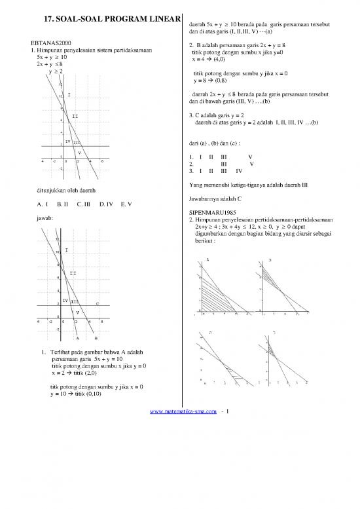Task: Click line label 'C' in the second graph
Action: point(98,304)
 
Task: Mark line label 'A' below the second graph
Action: point(77,339)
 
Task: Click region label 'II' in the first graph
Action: point(75,116)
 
